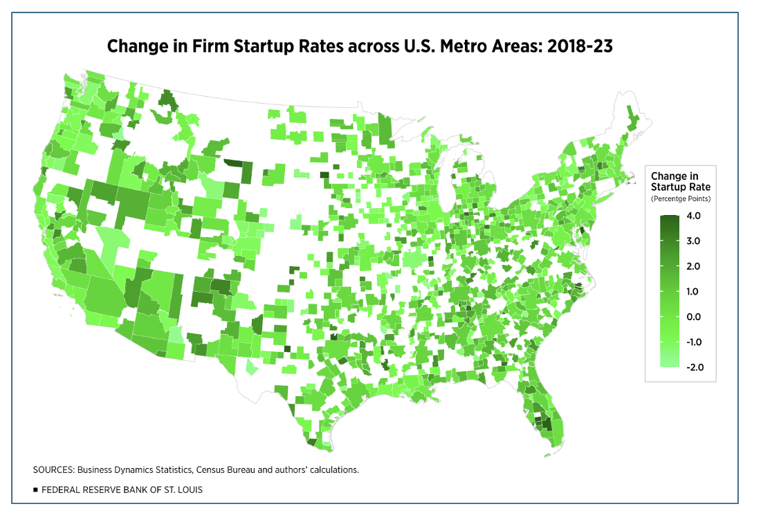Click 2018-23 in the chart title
(x=580, y=46)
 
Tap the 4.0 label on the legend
(x=693, y=216)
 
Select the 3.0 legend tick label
(x=693, y=241)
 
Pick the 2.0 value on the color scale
(x=693, y=266)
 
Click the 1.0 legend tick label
(x=693, y=291)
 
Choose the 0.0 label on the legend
(x=693, y=317)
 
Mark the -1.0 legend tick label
(x=693, y=342)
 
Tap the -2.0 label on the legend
(x=695, y=367)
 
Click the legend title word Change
(x=667, y=176)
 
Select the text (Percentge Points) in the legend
(x=681, y=199)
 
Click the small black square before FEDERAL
(x=35, y=489)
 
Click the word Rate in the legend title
(x=700, y=187)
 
